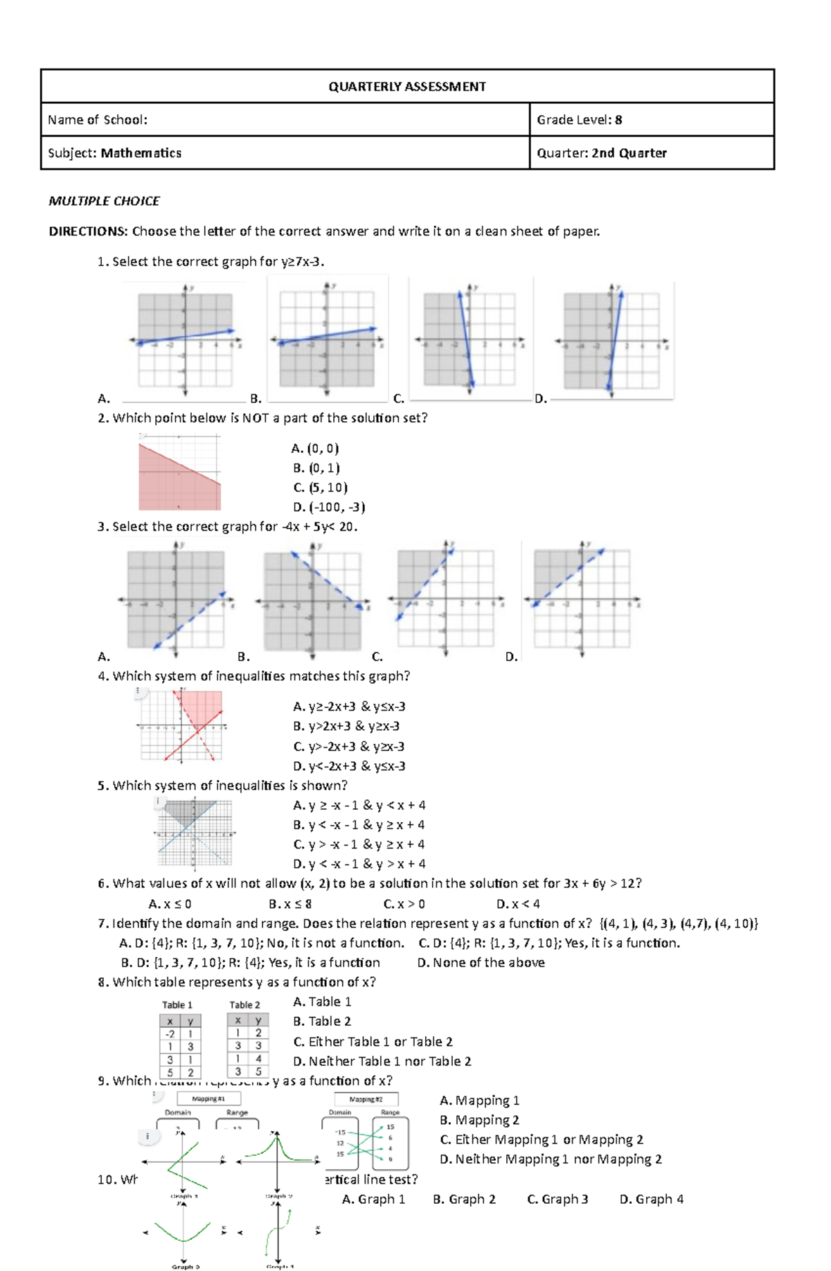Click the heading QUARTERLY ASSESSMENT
406,87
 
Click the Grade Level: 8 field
579,120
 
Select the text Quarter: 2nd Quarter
601,153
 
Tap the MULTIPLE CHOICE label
104,201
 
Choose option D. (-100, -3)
329,507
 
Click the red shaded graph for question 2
179,472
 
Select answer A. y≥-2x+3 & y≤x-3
349,706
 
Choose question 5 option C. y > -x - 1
359,844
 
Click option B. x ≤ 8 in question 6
290,904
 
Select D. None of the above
481,963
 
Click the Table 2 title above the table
245,1005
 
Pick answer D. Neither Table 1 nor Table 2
382,1061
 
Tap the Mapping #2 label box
366,1099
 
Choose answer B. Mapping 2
479,1120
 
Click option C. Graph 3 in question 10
557,1199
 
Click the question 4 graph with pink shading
182,725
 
